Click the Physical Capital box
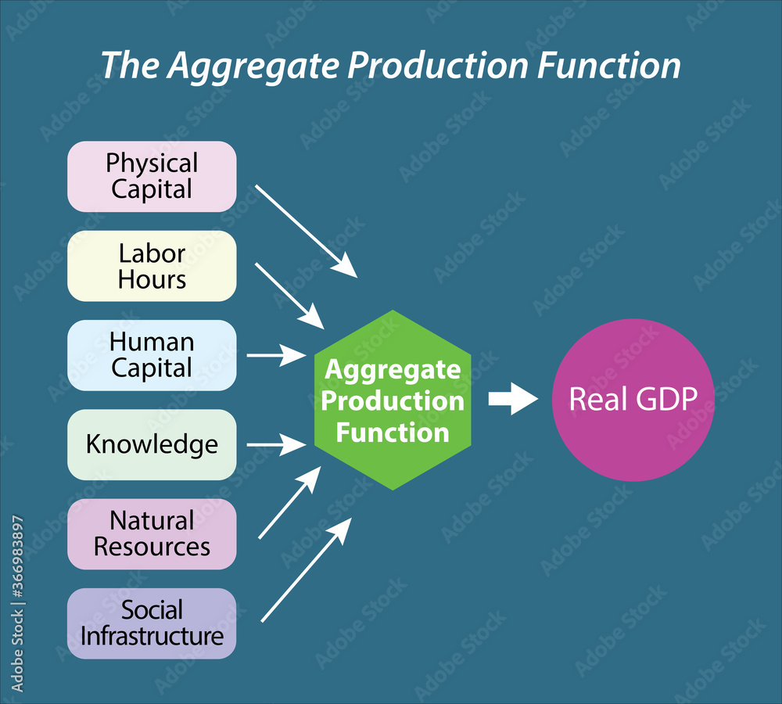coord(152,176)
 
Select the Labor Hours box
coord(152,266)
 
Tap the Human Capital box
coord(152,355)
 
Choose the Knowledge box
coord(152,444)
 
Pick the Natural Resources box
coord(152,533)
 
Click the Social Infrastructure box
coord(152,623)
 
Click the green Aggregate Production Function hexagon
coord(393,400)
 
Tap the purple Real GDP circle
coord(633,400)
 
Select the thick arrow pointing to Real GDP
coord(513,400)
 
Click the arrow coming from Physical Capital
coord(306,232)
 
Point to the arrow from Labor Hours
coord(289,296)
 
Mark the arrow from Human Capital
coord(276,356)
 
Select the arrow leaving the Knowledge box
coord(276,445)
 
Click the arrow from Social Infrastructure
coord(305,571)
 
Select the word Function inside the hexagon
coord(393,433)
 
